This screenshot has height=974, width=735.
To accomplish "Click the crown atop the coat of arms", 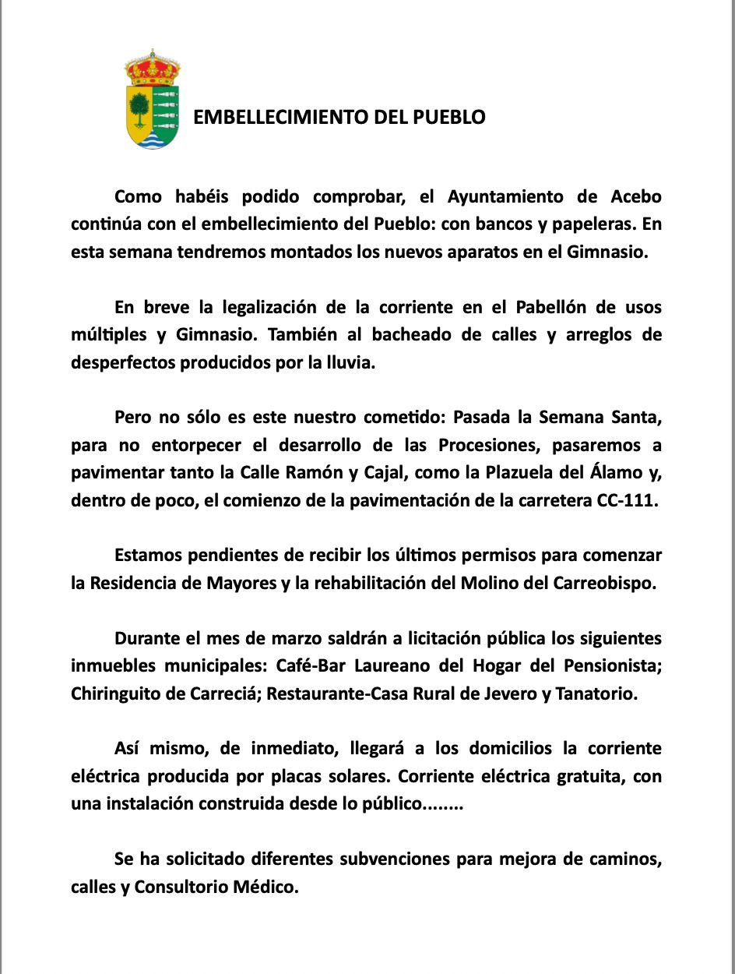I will pyautogui.click(x=153, y=69).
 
